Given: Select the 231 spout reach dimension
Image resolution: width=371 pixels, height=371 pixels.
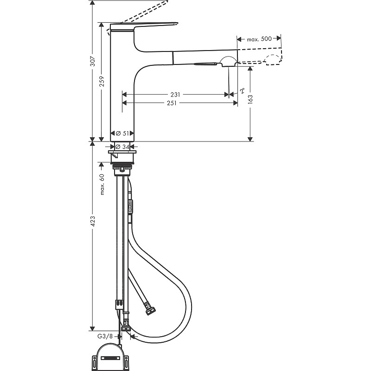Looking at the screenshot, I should (175, 94).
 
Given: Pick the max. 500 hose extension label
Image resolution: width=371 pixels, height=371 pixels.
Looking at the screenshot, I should (259, 39).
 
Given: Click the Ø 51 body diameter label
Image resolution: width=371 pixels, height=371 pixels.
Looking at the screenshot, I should (122, 133).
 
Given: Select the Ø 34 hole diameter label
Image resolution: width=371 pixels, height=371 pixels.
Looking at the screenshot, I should (122, 147).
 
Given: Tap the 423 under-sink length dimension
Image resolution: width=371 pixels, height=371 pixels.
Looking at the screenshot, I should (92, 224).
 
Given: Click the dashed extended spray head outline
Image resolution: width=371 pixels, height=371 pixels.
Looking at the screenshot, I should (272, 59).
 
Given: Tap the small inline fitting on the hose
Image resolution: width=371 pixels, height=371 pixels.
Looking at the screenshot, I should (130, 206).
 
